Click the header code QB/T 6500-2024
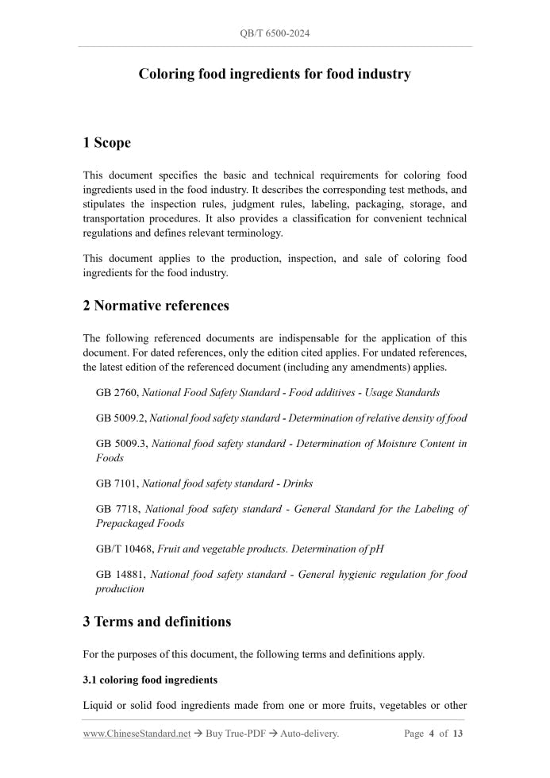pos(275,33)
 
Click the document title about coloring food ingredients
pos(275,74)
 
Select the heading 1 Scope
pos(106,143)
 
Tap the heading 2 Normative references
pos(156,306)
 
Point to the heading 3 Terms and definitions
pos(156,622)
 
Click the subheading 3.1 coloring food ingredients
pos(150,680)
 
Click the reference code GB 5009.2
pos(121,418)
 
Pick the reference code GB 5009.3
pos(121,444)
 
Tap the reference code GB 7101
pos(117,483)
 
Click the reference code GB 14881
pos(120,574)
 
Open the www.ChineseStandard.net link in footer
pos(137,734)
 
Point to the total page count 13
pos(457,734)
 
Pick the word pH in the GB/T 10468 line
pos(377,549)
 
